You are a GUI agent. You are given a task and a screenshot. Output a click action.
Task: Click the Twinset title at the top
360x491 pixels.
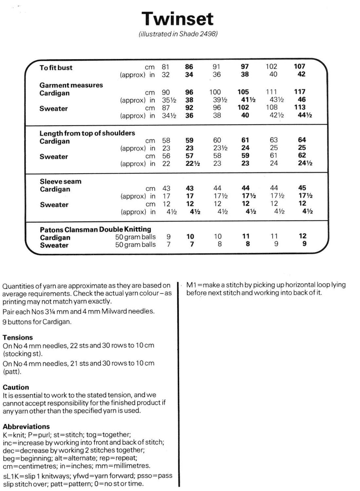tap(178, 19)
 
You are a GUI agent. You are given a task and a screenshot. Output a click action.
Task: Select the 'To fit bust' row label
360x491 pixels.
tap(56, 68)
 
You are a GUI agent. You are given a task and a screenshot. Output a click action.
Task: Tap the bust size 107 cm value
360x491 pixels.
tap(299, 66)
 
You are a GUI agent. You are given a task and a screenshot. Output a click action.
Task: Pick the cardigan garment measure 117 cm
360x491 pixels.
tap(299, 92)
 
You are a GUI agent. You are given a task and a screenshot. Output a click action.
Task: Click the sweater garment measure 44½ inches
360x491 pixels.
tap(305, 115)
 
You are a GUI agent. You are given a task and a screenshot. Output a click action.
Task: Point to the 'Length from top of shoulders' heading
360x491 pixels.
tap(87, 133)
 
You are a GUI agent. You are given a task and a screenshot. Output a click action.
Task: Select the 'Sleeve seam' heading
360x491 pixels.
tap(61, 181)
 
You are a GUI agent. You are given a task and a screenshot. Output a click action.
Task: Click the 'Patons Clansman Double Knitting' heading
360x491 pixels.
tap(95, 229)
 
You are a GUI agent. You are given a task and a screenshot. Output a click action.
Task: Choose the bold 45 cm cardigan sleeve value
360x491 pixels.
tap(302, 188)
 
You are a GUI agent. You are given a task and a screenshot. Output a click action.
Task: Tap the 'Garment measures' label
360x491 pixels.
tap(71, 85)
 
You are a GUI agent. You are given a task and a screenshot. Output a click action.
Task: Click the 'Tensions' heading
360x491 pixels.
tap(18, 337)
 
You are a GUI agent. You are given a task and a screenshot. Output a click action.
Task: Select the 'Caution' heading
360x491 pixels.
tap(16, 387)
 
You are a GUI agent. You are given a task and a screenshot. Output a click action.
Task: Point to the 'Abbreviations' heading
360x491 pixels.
tap(26, 427)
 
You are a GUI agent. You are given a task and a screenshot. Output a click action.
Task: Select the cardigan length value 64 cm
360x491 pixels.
tap(302, 140)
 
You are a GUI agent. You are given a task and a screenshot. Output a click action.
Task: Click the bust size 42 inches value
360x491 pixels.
tap(301, 74)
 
